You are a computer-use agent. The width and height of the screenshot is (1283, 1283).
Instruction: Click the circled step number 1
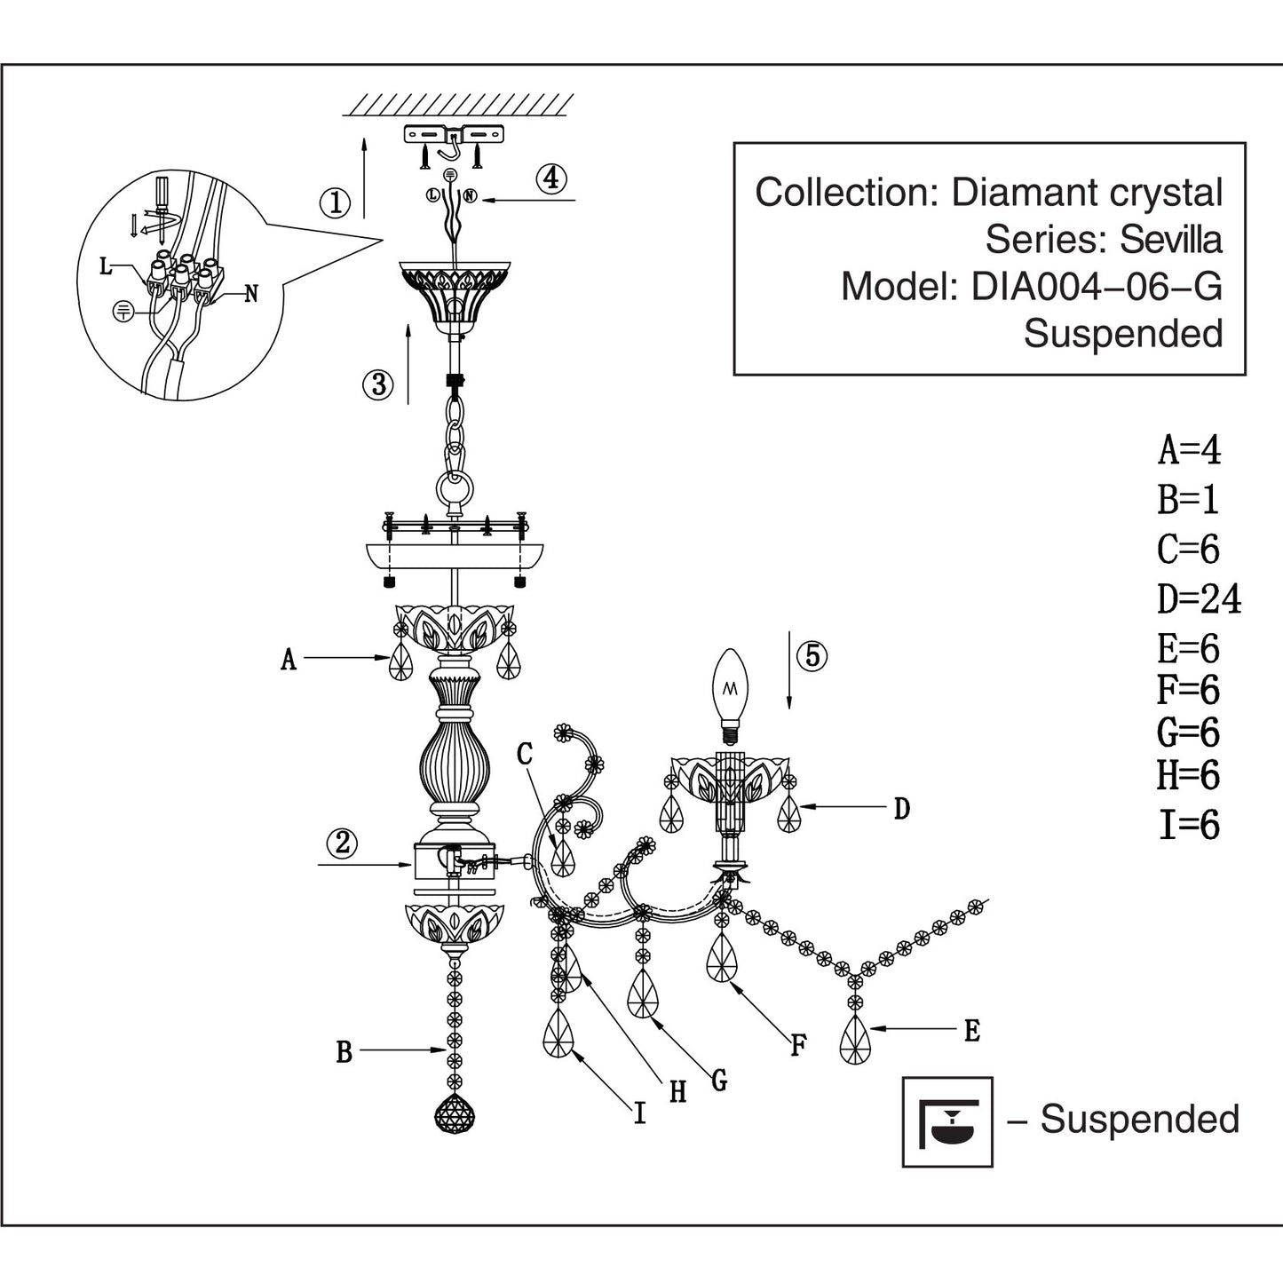[x=335, y=202]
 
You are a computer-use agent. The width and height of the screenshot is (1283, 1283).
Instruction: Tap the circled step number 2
[x=342, y=843]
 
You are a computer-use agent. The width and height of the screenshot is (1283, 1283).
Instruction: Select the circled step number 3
[x=378, y=384]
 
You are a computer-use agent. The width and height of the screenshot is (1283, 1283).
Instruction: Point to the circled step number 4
[x=551, y=178]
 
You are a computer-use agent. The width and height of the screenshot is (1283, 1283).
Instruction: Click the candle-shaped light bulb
[x=731, y=695]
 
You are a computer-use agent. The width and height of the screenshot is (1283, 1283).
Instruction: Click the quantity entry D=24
[x=1200, y=599]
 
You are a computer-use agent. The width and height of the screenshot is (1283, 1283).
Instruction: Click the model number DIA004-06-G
[x=1097, y=287]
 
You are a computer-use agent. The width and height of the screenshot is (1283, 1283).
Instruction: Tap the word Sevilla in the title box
[x=1171, y=240]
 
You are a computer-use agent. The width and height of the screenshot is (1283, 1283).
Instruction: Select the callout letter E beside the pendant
[x=972, y=1032]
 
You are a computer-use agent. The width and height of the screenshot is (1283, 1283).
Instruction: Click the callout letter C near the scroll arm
[x=525, y=755]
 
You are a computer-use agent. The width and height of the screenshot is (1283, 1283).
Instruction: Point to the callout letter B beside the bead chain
[x=344, y=1053]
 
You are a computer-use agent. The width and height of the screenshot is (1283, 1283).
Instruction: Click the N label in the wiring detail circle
[x=251, y=294]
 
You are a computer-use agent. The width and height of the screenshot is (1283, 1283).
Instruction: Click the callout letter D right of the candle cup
[x=901, y=809]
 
